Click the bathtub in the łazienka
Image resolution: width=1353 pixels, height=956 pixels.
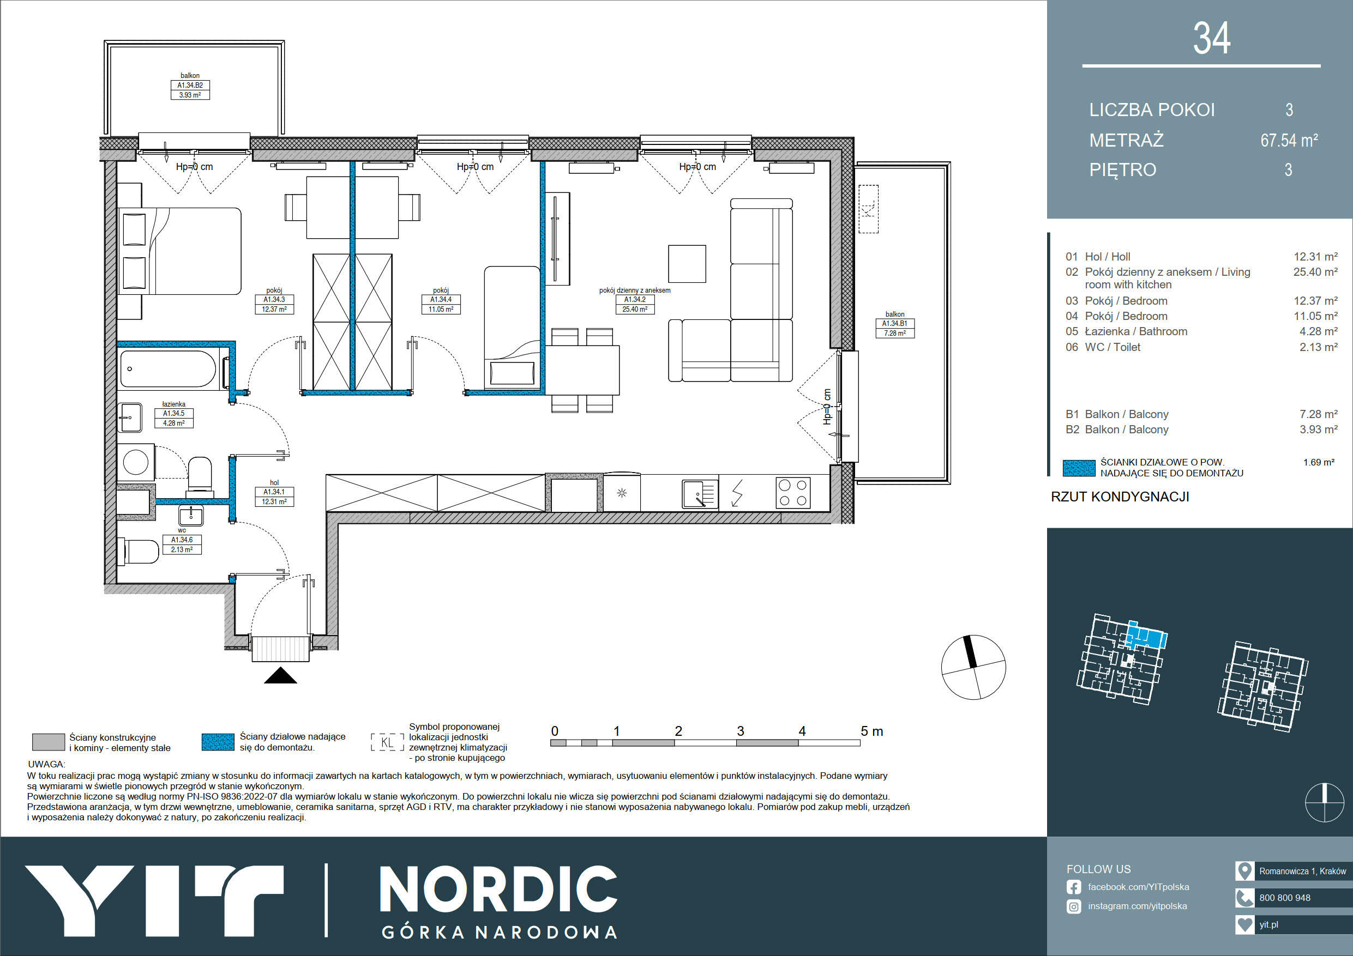pyautogui.click(x=168, y=370)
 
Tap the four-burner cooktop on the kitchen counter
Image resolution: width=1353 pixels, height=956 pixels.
pyautogui.click(x=792, y=492)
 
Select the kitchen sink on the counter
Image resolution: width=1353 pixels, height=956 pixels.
pyautogui.click(x=700, y=494)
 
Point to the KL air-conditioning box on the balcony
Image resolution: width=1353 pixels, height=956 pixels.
pyautogui.click(x=868, y=209)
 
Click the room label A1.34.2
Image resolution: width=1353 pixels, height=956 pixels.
pyautogui.click(x=635, y=299)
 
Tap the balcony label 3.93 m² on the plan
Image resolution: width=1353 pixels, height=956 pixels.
pyautogui.click(x=190, y=95)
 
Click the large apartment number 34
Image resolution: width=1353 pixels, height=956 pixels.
pyautogui.click(x=1212, y=39)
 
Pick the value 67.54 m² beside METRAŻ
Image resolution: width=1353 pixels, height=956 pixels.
pyautogui.click(x=1289, y=140)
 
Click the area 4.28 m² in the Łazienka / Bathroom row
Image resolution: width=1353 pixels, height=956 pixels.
pyautogui.click(x=1318, y=331)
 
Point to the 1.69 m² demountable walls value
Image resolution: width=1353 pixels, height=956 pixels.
pyautogui.click(x=1319, y=462)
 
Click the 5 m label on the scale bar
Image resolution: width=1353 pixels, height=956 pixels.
pyautogui.click(x=871, y=731)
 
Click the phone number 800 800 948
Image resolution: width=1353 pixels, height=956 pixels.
pyautogui.click(x=1285, y=898)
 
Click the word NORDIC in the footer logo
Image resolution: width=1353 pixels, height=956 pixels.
pyautogui.click(x=498, y=890)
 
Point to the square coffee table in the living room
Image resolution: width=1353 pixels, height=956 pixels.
pyautogui.click(x=687, y=264)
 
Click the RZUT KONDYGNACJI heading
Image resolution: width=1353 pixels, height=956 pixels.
pyautogui.click(x=1120, y=497)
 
